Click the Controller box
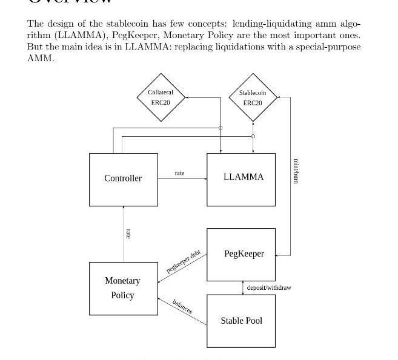[x=123, y=178]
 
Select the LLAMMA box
[x=241, y=179]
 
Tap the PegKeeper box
[x=241, y=254]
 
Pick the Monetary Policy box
[x=123, y=289]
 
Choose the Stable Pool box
[x=241, y=321]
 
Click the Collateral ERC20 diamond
[x=161, y=97]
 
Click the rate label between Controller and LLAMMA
[x=179, y=173]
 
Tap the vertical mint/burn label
[x=296, y=171]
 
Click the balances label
[x=182, y=306]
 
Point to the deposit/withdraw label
[x=269, y=287]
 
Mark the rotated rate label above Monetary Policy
[x=128, y=233]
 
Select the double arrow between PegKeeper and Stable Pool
[x=243, y=288]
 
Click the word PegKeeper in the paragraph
[x=132, y=35]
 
